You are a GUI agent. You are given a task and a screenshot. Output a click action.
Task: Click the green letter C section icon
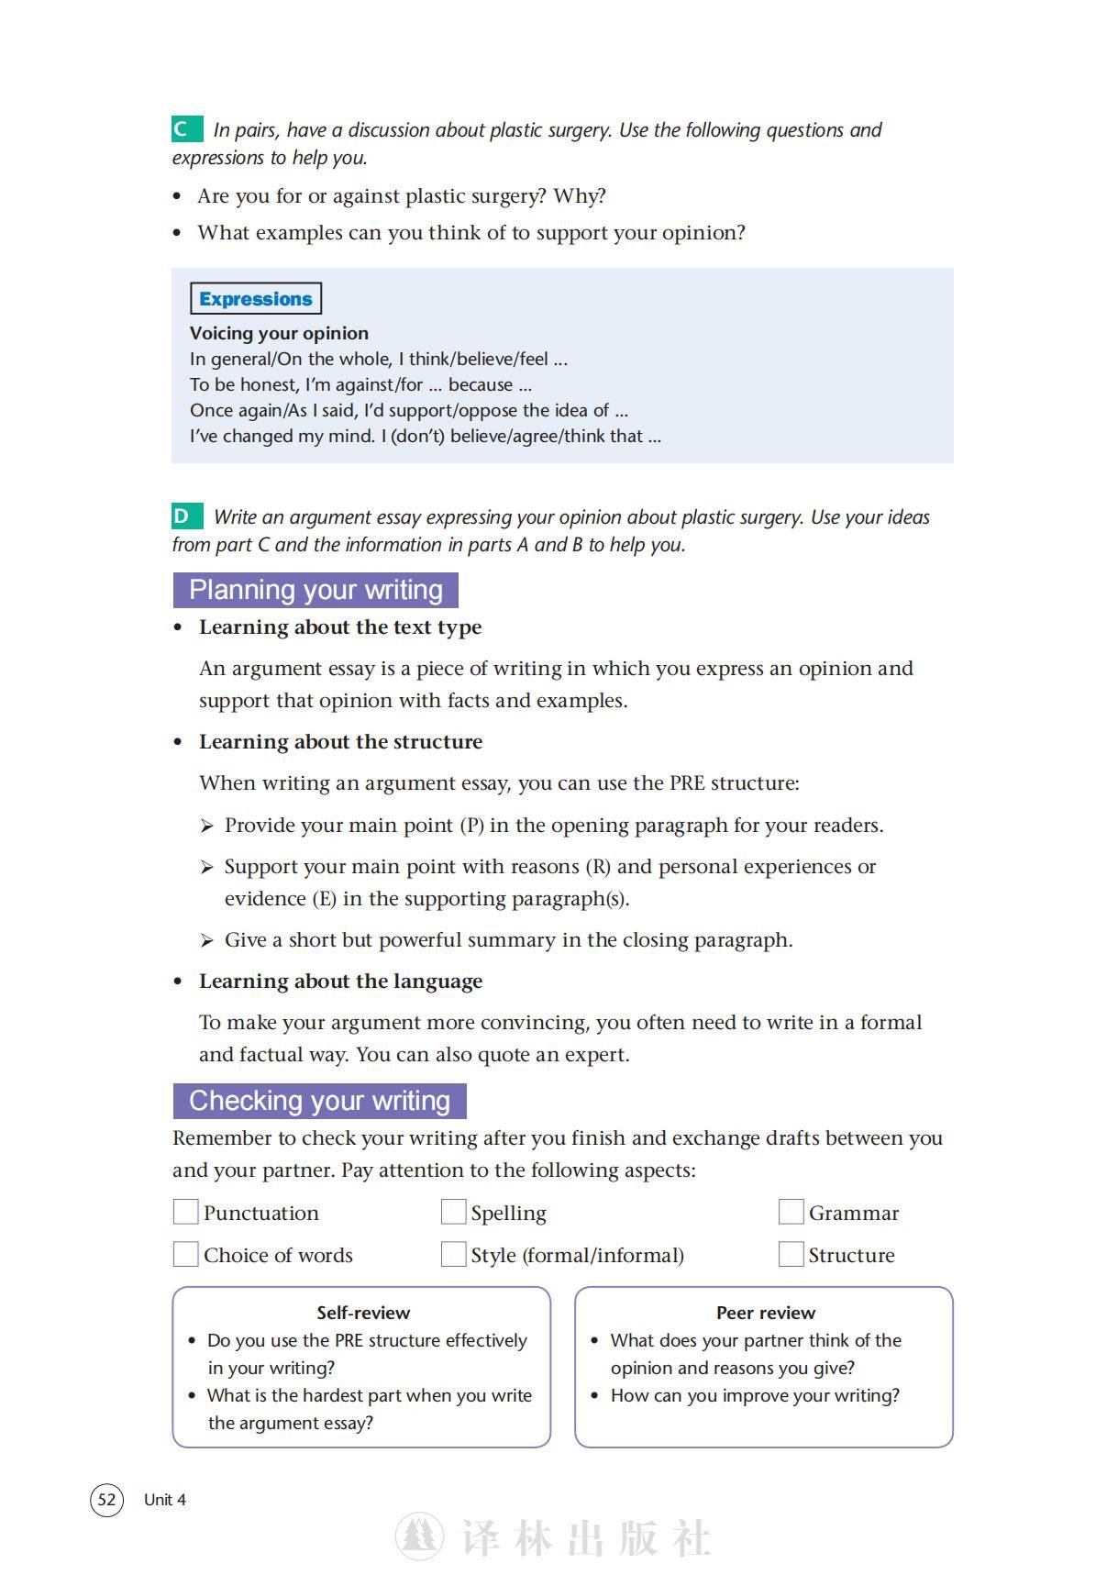(186, 129)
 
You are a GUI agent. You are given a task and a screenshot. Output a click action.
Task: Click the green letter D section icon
(186, 516)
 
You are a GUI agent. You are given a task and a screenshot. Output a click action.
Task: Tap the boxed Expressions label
(256, 299)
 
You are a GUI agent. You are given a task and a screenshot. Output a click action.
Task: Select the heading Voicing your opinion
(279, 333)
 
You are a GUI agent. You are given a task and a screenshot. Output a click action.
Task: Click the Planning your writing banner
(315, 590)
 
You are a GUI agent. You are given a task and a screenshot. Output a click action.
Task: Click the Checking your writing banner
(319, 1101)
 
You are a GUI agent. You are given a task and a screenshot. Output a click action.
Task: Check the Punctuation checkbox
(186, 1212)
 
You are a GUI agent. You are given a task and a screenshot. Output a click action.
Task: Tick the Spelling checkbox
(453, 1212)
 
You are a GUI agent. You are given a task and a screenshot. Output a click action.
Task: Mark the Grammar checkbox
(791, 1212)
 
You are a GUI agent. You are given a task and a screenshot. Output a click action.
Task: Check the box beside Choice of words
(186, 1254)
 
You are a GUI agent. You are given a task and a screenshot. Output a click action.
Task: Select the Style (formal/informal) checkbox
(453, 1254)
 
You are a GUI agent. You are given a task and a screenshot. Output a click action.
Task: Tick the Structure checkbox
(791, 1254)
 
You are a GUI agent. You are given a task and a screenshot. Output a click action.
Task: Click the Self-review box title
(363, 1313)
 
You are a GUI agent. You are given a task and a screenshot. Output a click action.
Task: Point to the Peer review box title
(766, 1313)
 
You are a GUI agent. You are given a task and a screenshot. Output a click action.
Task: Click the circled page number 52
(106, 1500)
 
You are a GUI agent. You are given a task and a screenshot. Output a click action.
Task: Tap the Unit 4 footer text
(165, 1500)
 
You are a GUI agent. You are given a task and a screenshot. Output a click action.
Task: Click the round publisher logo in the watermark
(419, 1537)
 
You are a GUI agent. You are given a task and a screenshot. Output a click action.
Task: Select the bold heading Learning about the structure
(340, 741)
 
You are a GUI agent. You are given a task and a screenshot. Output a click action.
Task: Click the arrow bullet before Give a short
(207, 940)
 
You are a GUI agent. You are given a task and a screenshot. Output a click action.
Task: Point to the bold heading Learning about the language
(340, 981)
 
